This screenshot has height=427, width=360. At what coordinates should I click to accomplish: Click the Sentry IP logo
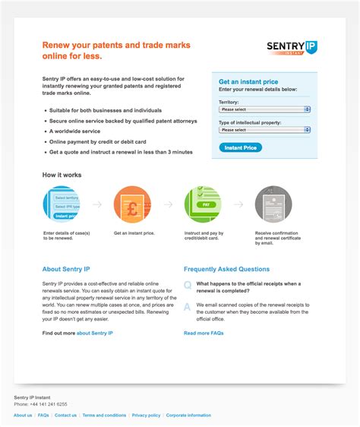coord(292,49)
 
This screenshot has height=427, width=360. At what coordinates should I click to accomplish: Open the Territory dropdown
coord(264,109)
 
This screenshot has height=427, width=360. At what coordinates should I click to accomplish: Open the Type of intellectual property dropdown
coord(264,130)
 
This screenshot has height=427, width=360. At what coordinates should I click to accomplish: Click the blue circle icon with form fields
coord(61,204)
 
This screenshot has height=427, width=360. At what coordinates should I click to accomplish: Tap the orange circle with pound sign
coord(131,204)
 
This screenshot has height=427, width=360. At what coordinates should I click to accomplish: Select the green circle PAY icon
coord(203,204)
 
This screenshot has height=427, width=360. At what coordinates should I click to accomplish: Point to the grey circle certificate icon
coord(273,204)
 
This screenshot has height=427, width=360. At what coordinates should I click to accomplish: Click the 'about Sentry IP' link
coord(94,333)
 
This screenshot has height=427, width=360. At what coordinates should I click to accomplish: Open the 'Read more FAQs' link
coord(204,333)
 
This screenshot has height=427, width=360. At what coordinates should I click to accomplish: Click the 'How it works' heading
coord(62,175)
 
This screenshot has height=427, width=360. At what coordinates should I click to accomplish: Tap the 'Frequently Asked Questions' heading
coord(226,269)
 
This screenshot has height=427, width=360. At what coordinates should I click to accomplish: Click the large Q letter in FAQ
coord(188,285)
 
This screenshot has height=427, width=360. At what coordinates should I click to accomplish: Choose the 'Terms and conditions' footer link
coord(104,416)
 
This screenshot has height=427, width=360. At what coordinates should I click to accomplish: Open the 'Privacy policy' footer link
coord(146,416)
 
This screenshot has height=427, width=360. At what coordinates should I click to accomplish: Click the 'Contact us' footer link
coord(65,416)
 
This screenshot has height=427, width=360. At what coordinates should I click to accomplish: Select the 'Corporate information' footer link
coord(188,416)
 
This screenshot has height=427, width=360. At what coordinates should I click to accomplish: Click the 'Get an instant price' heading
coord(248,81)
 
